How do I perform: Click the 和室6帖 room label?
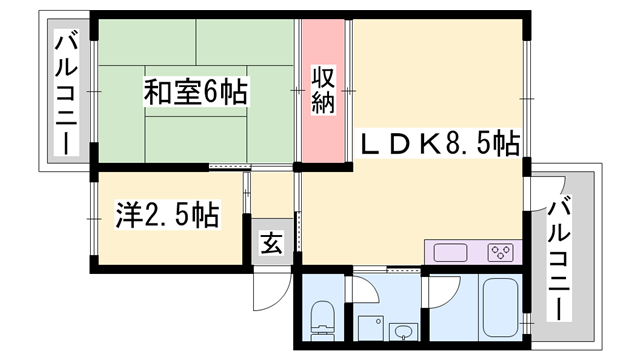(x=196, y=94)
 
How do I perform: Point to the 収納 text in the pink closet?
(x=321, y=91)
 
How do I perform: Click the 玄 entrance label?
(x=271, y=243)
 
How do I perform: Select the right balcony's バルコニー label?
(x=561, y=254)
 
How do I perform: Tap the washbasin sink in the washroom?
(x=404, y=330)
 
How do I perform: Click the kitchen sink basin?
(x=447, y=251)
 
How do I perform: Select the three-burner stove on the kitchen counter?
(x=500, y=252)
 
